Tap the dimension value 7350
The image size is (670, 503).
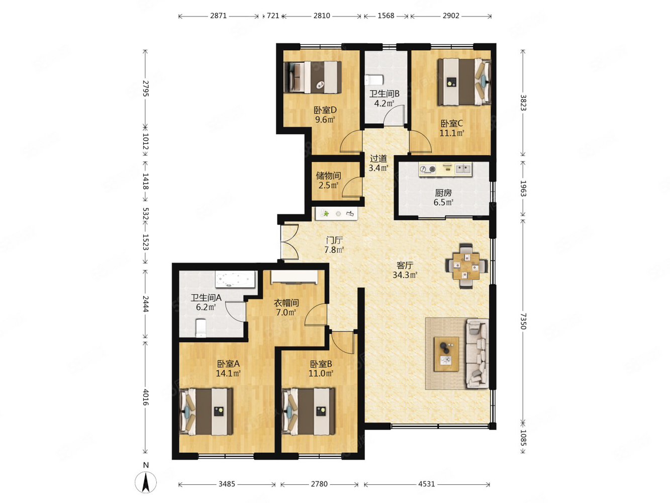pos(523,321)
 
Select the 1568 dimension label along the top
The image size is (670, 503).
pos(386,16)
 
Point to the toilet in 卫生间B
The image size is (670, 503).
pos(374,80)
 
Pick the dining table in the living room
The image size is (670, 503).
pos(465,266)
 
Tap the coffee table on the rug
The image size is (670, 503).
pos(446,354)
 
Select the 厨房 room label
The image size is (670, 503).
pos(443,193)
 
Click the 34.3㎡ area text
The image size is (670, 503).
pos(405,275)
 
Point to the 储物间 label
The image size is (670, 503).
pos(328,176)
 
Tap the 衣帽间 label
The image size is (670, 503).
pos(285,303)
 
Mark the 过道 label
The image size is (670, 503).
pos(378,158)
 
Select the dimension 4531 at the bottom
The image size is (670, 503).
pos(426,484)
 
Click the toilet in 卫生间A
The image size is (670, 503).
pos(201,327)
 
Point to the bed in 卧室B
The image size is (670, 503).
pos(308,411)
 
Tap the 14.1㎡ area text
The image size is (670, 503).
pos(228,373)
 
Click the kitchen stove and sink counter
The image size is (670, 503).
pos(445,170)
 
